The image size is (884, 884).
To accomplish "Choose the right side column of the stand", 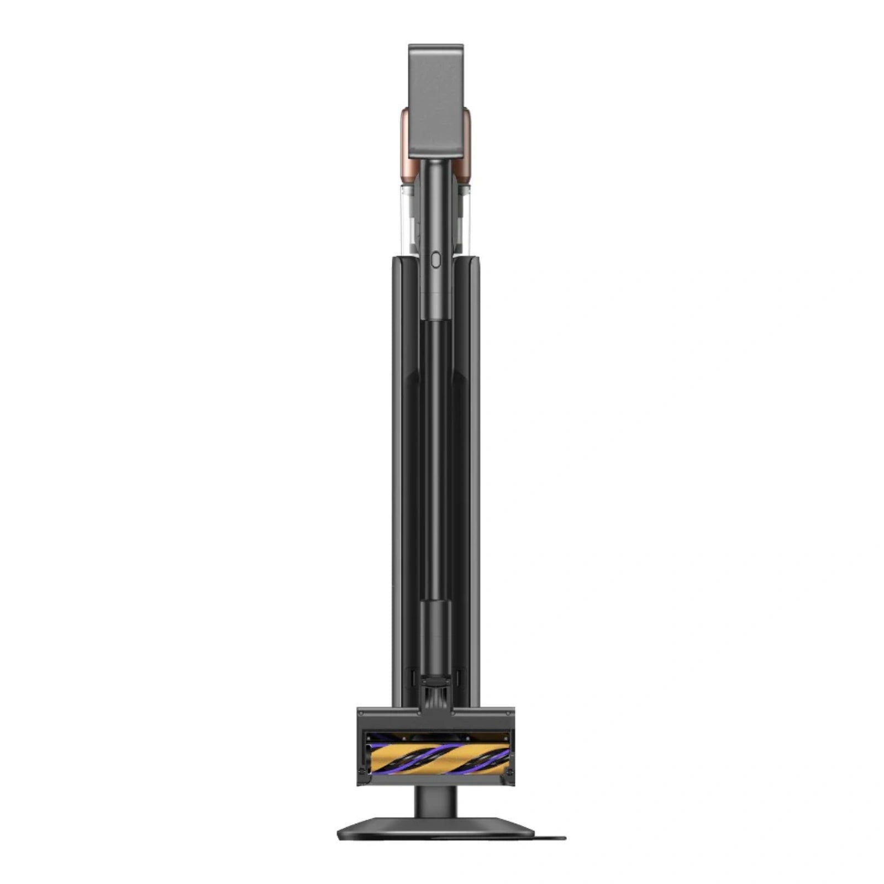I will pyautogui.click(x=471, y=470).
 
